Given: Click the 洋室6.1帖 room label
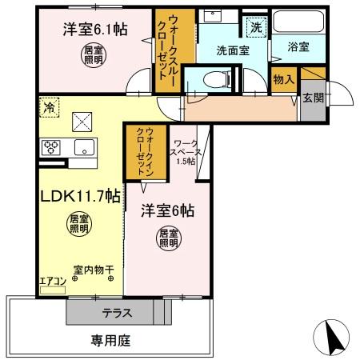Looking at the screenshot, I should (x=95, y=30).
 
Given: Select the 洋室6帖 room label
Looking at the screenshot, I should (x=169, y=211).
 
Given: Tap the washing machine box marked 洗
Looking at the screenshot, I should (x=256, y=26).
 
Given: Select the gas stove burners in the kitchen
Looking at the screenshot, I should (x=53, y=146).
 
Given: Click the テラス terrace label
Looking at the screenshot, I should (x=117, y=312).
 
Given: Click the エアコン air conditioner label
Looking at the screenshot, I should (x=53, y=281).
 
